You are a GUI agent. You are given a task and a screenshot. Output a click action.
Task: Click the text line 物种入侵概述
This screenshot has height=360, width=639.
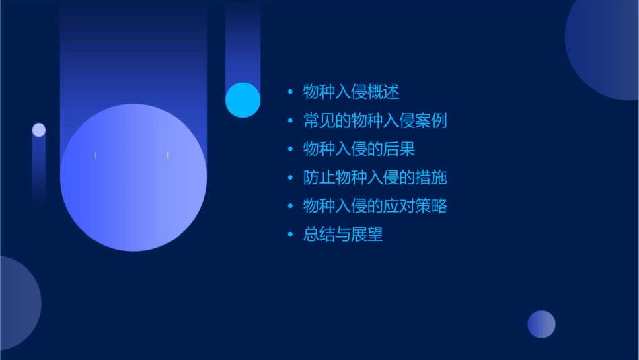click(x=351, y=92)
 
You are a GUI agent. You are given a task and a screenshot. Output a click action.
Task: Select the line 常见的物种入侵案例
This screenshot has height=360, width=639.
click(x=375, y=121)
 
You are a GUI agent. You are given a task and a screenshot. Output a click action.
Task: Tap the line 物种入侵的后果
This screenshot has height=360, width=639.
click(x=359, y=149)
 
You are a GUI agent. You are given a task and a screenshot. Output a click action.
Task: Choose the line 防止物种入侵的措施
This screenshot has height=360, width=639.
click(x=375, y=178)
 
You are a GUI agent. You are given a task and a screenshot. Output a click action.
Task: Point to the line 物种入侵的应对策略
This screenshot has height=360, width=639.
click(x=375, y=206)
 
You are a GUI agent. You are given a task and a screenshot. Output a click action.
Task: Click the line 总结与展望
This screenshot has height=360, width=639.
click(x=343, y=235)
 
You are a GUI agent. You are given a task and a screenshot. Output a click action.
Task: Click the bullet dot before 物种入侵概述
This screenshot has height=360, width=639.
click(x=290, y=92)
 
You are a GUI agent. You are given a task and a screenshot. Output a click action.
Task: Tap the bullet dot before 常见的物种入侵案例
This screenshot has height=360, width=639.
click(x=290, y=121)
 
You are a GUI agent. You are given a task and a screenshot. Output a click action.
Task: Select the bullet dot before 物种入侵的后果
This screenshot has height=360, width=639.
click(x=290, y=149)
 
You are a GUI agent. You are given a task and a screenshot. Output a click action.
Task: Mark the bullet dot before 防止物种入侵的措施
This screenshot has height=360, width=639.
click(x=290, y=178)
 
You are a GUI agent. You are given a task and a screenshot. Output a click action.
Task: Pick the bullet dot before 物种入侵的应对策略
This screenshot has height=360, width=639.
click(x=290, y=206)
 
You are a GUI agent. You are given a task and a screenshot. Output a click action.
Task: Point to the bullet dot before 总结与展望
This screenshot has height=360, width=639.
click(x=290, y=235)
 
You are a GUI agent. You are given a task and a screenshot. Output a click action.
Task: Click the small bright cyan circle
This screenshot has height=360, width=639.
click(x=243, y=100)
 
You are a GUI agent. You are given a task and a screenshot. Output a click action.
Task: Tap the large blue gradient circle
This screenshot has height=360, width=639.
click(x=133, y=178)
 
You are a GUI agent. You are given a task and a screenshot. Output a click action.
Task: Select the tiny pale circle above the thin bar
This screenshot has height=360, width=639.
click(x=39, y=130)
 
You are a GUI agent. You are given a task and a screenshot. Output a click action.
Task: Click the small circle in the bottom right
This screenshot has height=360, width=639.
click(x=541, y=324)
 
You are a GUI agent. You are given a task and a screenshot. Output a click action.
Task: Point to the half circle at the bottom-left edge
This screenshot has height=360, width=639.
click(x=17, y=303)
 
